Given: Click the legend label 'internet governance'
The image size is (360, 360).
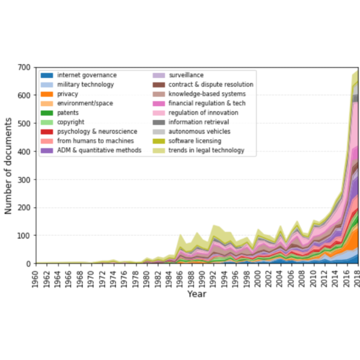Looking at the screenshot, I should click(x=87, y=75).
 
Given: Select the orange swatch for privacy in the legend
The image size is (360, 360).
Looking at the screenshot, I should click(x=47, y=94).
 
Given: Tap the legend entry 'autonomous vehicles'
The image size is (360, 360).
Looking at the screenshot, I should click(x=199, y=132).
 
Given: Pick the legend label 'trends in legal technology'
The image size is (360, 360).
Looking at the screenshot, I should click(x=206, y=150).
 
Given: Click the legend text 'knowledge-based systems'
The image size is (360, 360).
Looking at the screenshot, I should click(x=207, y=94).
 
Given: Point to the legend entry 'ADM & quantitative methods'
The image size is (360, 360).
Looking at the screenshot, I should click(x=99, y=150).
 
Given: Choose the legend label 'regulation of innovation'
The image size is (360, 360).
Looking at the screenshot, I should click(x=203, y=113).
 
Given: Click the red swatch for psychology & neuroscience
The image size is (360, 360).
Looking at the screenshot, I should click(x=47, y=132).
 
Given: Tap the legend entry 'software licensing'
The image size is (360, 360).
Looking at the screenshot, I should click(x=195, y=141).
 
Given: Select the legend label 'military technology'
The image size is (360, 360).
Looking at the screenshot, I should click(x=85, y=85).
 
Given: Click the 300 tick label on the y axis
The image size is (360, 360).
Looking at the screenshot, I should click(x=24, y=180).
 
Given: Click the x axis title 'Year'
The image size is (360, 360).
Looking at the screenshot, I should click(x=196, y=294).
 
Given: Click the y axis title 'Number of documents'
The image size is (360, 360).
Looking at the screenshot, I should click(x=8, y=165).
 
